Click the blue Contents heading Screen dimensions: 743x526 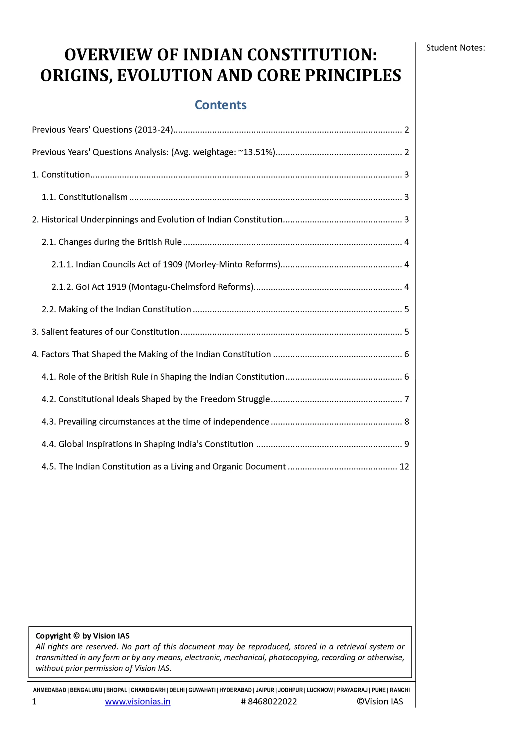tap(220, 105)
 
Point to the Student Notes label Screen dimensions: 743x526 tap(455, 48)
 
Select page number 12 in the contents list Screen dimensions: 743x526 tap(404, 466)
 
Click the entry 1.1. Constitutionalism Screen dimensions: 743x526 tap(85, 197)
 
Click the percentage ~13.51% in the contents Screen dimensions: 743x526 tap(256, 152)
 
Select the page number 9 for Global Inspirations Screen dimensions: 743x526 tap(407, 444)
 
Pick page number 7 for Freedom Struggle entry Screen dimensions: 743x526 tap(407, 399)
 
